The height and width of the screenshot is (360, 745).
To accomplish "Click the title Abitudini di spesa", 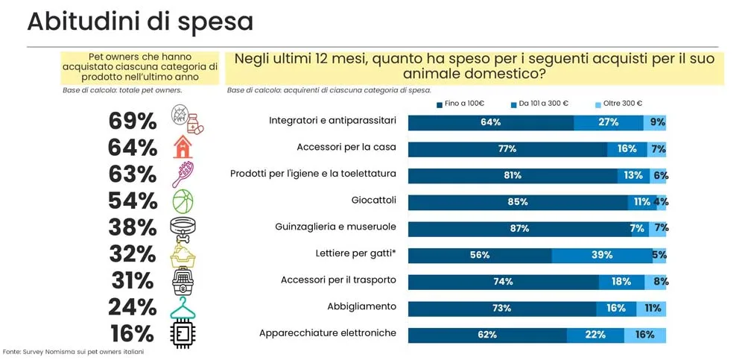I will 140,22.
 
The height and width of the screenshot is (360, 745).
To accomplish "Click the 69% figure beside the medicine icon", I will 133,121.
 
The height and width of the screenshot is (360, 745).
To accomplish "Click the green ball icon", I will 183,201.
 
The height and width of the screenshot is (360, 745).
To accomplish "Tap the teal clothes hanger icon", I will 183,307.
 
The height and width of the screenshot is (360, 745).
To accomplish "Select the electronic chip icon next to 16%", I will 183,333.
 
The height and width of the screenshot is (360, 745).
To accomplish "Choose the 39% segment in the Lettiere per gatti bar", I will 602,255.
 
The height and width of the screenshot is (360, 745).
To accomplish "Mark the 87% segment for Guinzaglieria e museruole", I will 519,228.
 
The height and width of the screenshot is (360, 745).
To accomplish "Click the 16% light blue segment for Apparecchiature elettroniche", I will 645,335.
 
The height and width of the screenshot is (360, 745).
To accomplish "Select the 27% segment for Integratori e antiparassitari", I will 609,122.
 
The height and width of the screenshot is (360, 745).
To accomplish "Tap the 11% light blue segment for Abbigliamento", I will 651,308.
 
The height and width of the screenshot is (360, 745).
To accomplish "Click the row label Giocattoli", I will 373,200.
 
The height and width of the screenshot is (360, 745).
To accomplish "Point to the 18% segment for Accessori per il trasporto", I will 621,281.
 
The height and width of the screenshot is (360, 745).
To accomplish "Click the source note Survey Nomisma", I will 73,351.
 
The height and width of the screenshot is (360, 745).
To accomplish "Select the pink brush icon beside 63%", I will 183,174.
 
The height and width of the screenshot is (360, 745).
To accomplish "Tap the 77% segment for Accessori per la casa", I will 507,148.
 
